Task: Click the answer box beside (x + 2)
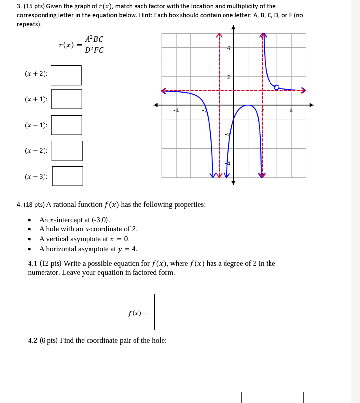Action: click(66, 75)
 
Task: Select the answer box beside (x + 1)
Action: click(67, 99)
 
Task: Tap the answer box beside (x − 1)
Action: click(67, 125)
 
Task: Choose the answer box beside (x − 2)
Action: click(67, 151)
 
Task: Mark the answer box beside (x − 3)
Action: click(68, 176)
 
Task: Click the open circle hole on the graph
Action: click(277, 87)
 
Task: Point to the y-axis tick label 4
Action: click(228, 48)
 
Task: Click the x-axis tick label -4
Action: click(176, 110)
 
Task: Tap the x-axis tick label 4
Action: click(291, 110)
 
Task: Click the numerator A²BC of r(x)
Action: click(94, 39)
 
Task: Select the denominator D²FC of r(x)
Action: click(94, 50)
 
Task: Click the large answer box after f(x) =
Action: click(232, 312)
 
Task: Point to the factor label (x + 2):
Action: click(37, 74)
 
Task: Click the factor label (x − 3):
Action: click(37, 177)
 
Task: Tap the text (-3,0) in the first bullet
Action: click(101, 220)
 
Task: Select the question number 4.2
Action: click(34, 340)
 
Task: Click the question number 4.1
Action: click(34, 263)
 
